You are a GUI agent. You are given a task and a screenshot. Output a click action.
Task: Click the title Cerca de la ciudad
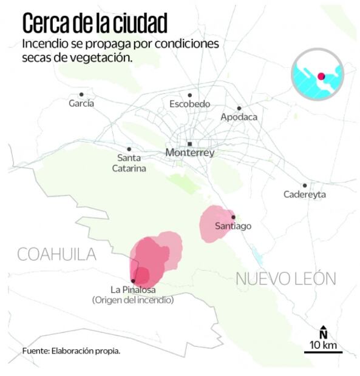point(94,22)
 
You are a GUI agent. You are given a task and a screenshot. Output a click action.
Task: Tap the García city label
point(81,104)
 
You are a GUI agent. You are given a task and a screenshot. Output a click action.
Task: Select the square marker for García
point(81,95)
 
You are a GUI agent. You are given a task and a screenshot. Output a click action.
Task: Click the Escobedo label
point(189,104)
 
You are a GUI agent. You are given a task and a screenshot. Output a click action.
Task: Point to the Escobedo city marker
point(189,95)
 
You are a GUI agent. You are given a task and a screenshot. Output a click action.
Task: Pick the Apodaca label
point(239,117)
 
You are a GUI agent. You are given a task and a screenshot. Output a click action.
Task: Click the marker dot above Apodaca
point(239,108)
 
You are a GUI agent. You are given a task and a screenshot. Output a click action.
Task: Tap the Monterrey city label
point(189,153)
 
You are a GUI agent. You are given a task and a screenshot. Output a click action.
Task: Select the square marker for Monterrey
point(190,144)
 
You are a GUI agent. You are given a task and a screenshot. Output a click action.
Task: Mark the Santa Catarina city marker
point(129,149)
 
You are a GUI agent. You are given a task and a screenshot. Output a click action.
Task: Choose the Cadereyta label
point(305,195)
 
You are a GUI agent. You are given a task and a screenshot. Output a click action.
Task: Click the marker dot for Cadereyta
point(305,186)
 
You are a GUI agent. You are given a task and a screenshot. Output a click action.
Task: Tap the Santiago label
point(233,226)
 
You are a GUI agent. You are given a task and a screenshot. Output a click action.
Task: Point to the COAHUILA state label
point(57,254)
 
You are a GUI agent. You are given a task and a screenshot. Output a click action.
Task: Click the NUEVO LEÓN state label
point(285,278)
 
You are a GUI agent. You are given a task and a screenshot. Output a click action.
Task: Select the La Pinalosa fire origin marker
point(133,280)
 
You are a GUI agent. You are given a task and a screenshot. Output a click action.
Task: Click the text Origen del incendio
point(133,300)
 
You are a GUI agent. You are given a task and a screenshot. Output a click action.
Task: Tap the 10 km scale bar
point(323,352)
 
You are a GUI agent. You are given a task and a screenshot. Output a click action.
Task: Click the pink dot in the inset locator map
point(321,76)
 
